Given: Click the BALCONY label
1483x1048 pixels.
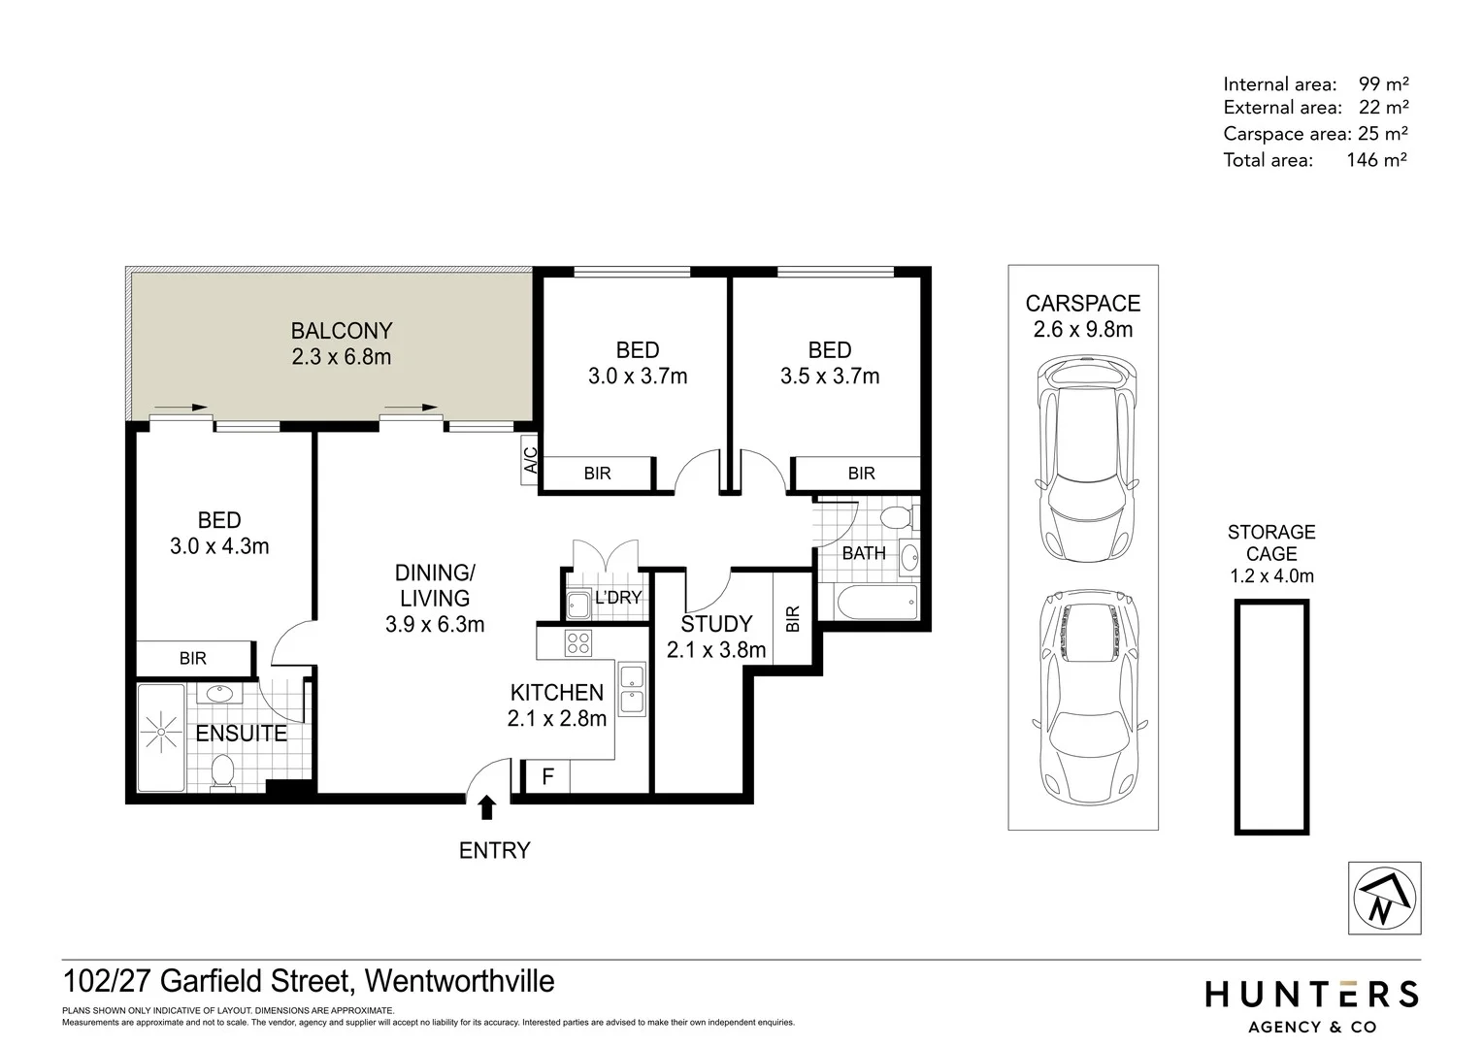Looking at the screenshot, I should pos(342,331).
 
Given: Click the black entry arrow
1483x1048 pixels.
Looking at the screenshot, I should pos(487,807).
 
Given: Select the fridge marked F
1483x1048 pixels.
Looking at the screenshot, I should pos(547,776).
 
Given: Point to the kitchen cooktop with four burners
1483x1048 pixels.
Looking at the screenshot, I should pos(579,642).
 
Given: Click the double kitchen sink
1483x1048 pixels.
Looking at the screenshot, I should pos(632,689).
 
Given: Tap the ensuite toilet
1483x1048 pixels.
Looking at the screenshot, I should pos(223,773).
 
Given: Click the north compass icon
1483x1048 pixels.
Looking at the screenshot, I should pos(1385,898).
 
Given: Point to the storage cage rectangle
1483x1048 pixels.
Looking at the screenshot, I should pos(1270,716).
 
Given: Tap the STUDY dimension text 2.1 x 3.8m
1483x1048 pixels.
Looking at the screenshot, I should pos(716,650).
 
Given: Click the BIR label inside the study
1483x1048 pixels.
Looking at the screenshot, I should pos(792,619).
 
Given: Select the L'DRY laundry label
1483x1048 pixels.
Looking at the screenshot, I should pos(617,598).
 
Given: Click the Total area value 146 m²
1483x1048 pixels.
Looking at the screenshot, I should pos(1376,160).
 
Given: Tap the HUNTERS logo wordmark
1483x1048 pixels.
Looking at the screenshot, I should pos(1311,994).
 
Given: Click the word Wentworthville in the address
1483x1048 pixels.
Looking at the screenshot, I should pos(460,981).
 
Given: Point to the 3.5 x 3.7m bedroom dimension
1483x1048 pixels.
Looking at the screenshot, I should pos(830,377).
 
